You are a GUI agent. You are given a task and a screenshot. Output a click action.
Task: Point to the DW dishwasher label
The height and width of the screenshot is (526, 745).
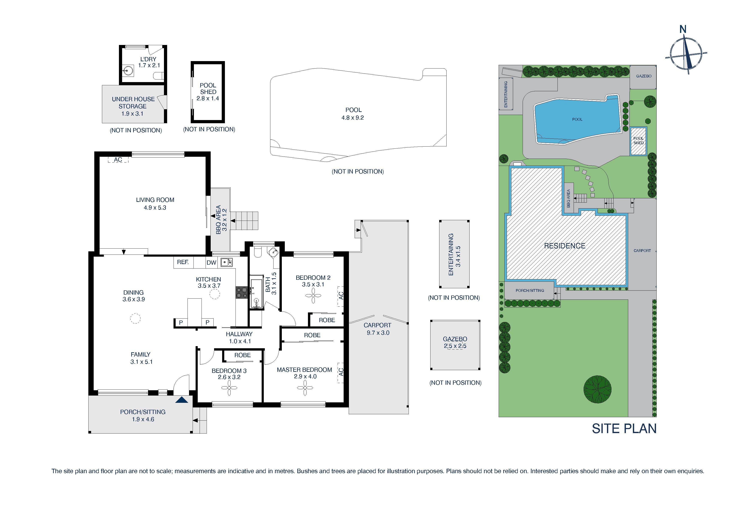click(211, 263)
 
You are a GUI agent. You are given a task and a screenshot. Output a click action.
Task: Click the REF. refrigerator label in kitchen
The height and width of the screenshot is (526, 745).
click(183, 262)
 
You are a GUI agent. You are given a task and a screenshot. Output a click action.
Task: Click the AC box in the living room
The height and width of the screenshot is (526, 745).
click(118, 159)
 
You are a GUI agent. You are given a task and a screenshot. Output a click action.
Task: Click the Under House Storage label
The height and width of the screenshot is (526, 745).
click(133, 106)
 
